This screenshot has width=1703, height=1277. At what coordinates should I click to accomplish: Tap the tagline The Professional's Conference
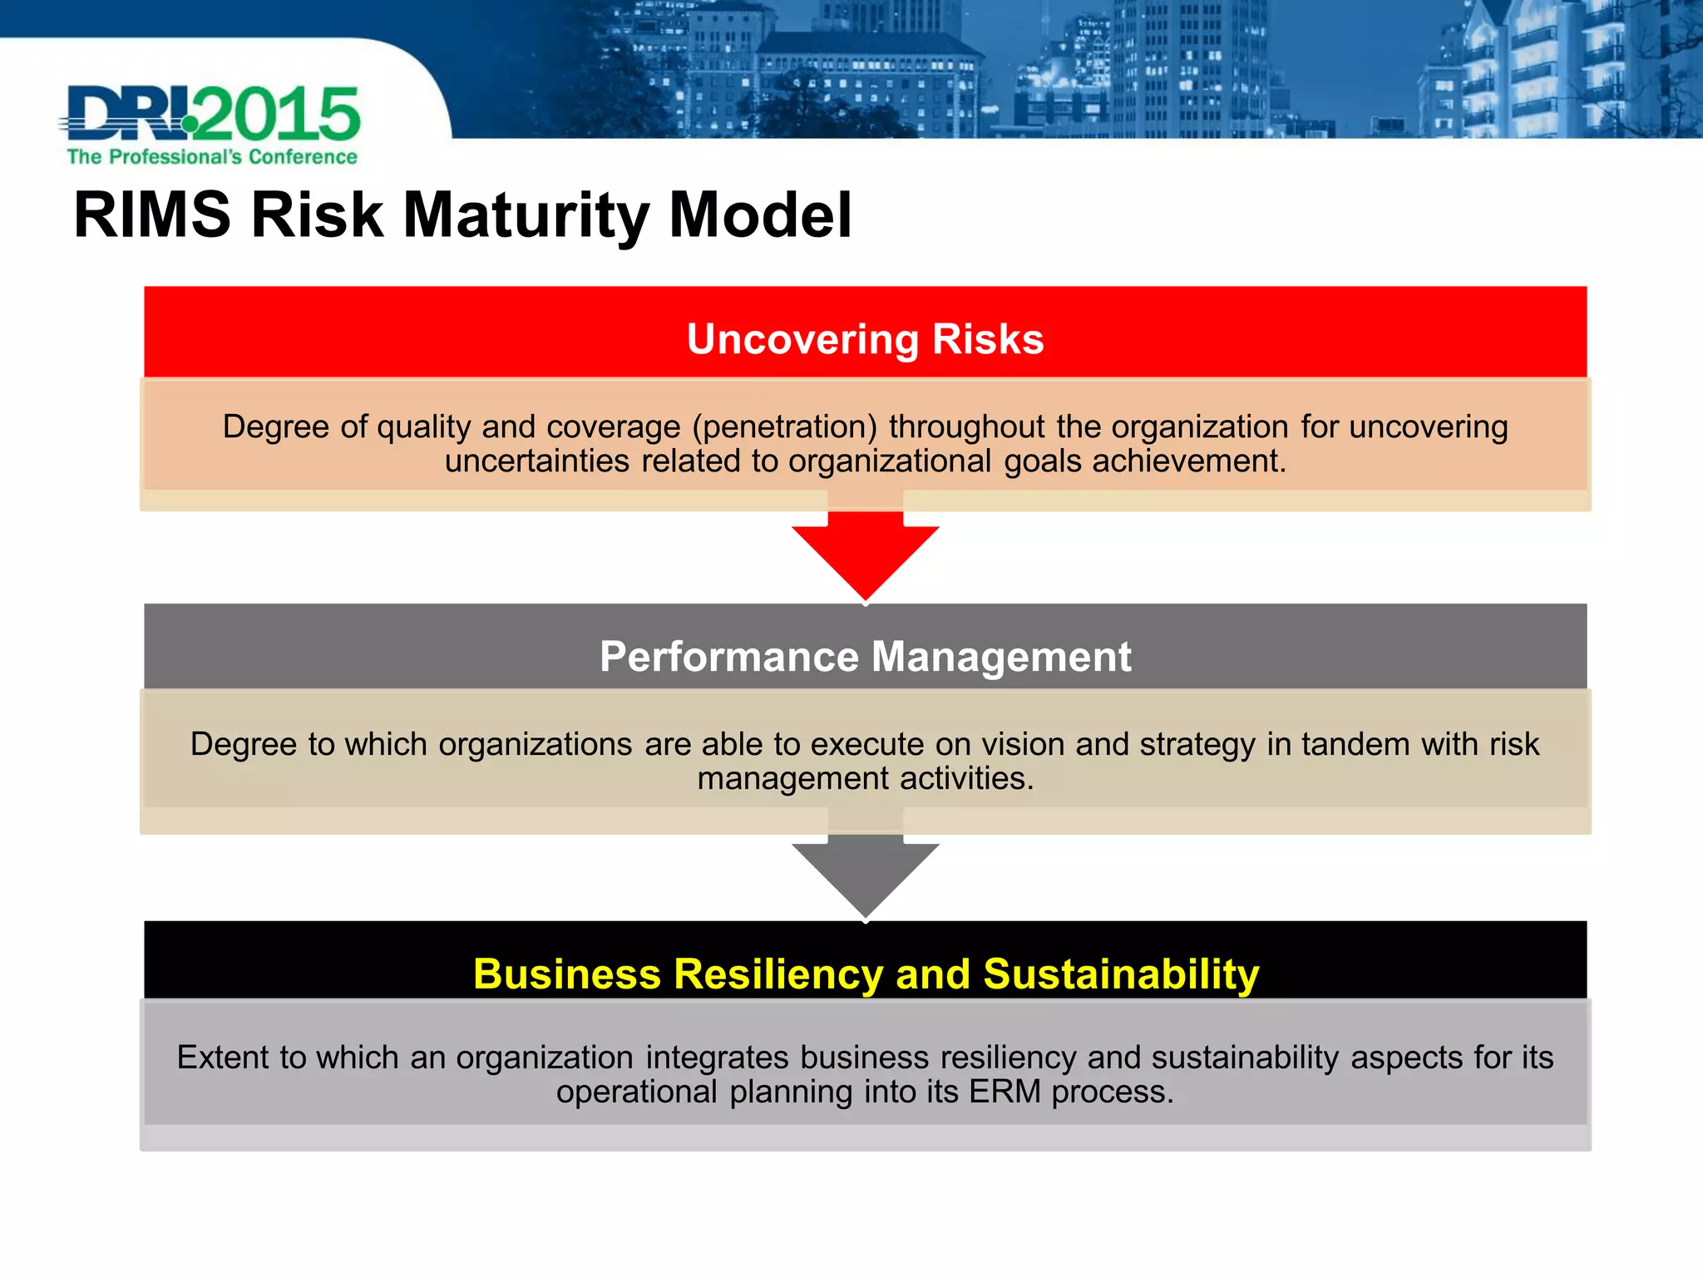pyautogui.click(x=212, y=157)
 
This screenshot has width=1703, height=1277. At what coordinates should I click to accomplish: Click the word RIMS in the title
pyautogui.click(x=151, y=215)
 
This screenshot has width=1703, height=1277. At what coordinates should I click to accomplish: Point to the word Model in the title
pyautogui.click(x=760, y=215)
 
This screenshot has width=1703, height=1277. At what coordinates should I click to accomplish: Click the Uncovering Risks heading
pyautogui.click(x=865, y=339)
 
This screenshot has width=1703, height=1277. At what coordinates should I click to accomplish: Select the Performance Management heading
pyautogui.click(x=865, y=657)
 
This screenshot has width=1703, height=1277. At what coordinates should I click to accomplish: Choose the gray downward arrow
pyautogui.click(x=865, y=873)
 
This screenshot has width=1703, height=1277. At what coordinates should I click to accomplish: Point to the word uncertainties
pyautogui.click(x=537, y=461)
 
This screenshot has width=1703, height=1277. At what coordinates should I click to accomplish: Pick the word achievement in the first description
pyautogui.click(x=1188, y=461)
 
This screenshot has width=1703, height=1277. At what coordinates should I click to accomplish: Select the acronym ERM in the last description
pyautogui.click(x=1005, y=1092)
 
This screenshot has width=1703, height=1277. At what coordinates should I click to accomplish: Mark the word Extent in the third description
pyautogui.click(x=223, y=1058)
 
